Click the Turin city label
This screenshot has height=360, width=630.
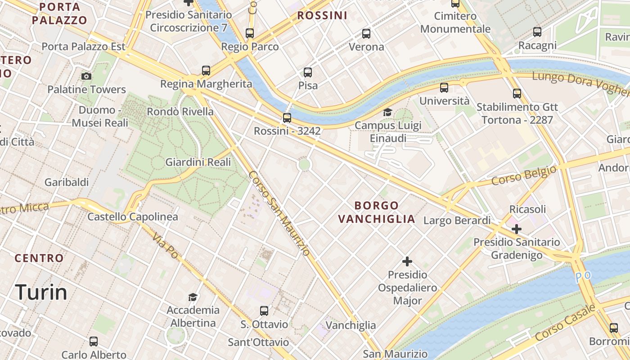click(x=41, y=292)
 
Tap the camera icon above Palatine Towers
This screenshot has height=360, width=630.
click(x=86, y=76)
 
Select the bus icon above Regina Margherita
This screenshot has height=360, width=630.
click(x=206, y=71)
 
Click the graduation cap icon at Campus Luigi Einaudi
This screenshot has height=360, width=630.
click(x=387, y=112)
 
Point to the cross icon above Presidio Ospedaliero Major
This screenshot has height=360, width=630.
click(x=407, y=261)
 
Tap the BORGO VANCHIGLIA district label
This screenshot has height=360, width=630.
click(x=377, y=212)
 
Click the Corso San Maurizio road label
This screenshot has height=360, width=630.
click(x=279, y=213)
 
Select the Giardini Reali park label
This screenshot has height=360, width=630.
click(x=198, y=162)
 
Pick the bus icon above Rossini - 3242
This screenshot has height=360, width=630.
click(x=287, y=118)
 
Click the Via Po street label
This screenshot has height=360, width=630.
click(x=165, y=245)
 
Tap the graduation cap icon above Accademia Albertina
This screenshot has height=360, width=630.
click(x=193, y=297)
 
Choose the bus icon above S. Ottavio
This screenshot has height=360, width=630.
click(x=264, y=311)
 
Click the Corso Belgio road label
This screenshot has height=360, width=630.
click(x=523, y=175)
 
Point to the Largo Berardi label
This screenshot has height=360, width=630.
click(x=457, y=220)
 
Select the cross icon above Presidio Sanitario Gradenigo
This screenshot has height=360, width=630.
click(x=517, y=229)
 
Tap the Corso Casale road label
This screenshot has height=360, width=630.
click(x=566, y=322)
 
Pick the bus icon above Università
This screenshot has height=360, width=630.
click(x=444, y=88)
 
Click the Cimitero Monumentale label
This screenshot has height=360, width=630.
click(x=455, y=22)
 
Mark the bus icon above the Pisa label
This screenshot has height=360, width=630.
click(x=308, y=72)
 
